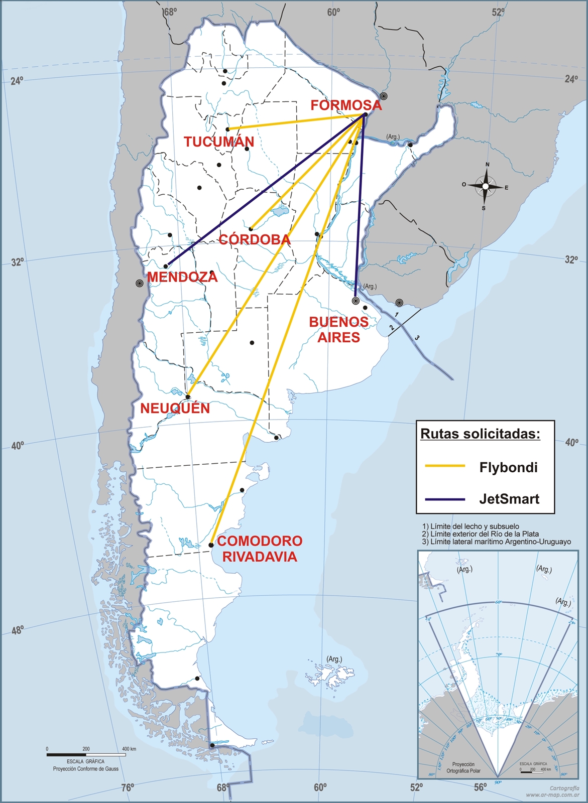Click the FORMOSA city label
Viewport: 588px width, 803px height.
[x=346, y=105]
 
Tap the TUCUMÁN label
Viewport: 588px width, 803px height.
[x=218, y=142]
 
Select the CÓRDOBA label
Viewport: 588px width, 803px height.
[x=255, y=240]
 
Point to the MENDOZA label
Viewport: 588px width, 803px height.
[x=182, y=277]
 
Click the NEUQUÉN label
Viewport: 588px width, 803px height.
[x=175, y=409]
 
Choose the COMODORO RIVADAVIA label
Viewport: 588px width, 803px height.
[x=260, y=549]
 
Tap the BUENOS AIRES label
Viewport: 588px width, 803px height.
[x=338, y=330]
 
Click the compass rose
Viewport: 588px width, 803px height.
[x=485, y=186]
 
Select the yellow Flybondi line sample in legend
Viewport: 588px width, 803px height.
[x=445, y=466]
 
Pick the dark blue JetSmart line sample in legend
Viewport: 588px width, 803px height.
[x=445, y=499]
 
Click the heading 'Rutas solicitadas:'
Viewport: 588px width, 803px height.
[x=480, y=434]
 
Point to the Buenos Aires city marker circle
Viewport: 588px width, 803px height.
[x=356, y=301]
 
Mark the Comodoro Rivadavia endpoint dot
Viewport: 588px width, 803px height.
[x=211, y=545]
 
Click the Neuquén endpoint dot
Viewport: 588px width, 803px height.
[x=188, y=397]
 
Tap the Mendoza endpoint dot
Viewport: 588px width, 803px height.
[x=166, y=266]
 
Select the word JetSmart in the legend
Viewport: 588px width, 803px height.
[x=509, y=499]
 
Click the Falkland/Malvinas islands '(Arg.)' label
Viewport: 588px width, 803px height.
[x=334, y=659]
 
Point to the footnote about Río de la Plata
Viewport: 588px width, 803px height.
[x=481, y=534]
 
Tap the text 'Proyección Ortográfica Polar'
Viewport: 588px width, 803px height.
[x=463, y=767]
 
